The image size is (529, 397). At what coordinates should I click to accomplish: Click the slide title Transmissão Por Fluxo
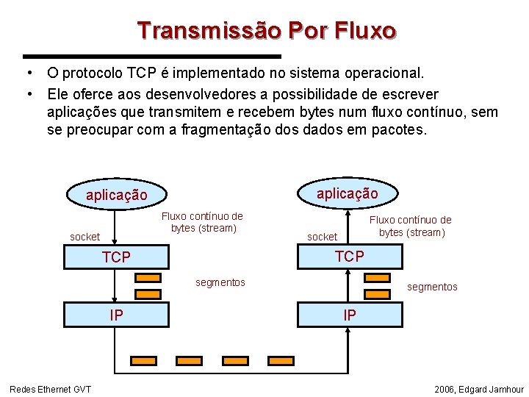(x=266, y=31)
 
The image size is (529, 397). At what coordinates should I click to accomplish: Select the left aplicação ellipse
(x=116, y=196)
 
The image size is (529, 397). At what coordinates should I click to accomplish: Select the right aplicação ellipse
(x=348, y=193)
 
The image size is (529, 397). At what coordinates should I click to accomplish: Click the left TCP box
(x=116, y=257)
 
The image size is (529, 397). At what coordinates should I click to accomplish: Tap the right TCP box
(x=349, y=256)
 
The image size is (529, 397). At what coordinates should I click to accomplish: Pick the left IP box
(x=116, y=315)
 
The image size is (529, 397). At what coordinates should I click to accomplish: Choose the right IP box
(x=349, y=315)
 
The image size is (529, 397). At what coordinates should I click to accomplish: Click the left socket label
(x=84, y=237)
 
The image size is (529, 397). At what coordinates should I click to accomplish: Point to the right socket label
(x=322, y=237)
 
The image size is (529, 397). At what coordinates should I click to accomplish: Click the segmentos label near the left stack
(x=220, y=282)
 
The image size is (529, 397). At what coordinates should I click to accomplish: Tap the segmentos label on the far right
(x=432, y=287)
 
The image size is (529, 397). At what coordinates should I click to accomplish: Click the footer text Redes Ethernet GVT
(x=50, y=389)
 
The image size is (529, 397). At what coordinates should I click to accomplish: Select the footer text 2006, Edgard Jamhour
(x=479, y=389)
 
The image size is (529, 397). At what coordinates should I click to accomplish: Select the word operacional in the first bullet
(x=384, y=74)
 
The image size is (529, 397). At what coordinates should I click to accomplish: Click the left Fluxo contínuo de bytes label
(x=202, y=222)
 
